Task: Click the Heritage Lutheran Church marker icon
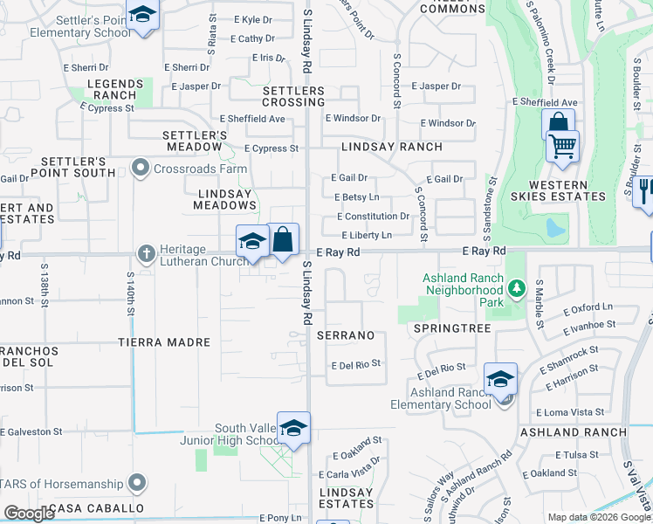pos(146,254)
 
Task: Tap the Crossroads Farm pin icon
pos(140,169)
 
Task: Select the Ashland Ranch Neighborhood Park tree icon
pos(517,288)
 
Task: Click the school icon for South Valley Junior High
pos(294,428)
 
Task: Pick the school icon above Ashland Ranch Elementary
pos(501,379)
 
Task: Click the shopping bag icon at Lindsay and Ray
pos(284,238)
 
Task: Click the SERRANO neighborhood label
pos(345,335)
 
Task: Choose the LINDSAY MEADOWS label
pos(225,199)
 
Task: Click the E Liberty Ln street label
pos(366,236)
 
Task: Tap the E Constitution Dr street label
pos(373,217)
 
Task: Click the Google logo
pos(29,514)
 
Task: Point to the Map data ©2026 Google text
pos(599,517)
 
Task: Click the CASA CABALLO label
pos(96,508)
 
